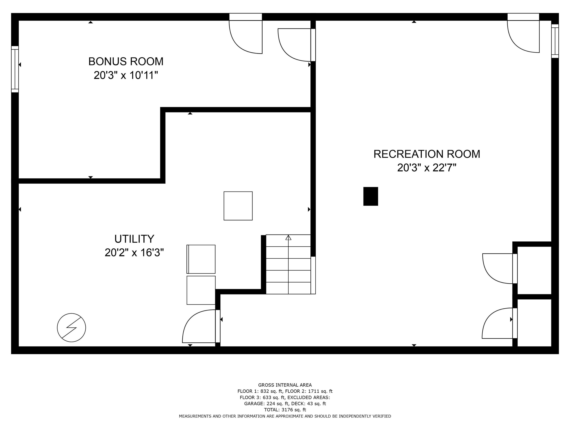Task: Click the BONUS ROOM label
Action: pos(126,61)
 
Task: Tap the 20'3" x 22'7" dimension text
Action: pos(427,168)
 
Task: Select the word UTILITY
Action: pos(134,239)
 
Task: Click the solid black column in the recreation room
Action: pos(370,196)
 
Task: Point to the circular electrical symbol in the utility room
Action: pos(71,328)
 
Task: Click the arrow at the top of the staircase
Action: pos(288,237)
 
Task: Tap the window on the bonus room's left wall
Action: pos(15,69)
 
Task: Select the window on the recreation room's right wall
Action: pos(555,41)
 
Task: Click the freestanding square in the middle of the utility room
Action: pos(238,206)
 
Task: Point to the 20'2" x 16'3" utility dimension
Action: pos(134,253)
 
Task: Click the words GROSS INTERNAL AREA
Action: pos(285,385)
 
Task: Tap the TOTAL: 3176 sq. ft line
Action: pos(285,410)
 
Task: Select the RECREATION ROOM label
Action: pos(427,154)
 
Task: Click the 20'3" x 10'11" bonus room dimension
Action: pos(126,75)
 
